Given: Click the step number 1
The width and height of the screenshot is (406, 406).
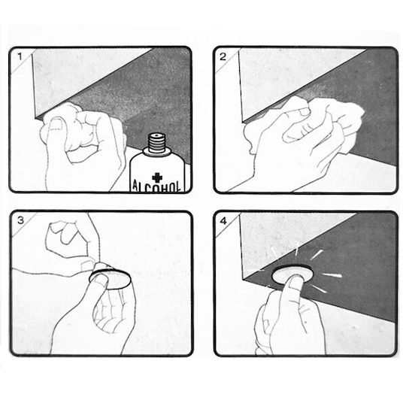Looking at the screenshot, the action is [x=20, y=56].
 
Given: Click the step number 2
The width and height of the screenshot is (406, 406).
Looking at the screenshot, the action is [x=223, y=56].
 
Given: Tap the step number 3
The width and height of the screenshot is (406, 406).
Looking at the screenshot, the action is [x=21, y=220].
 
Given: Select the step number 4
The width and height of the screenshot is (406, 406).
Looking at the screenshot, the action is [x=223, y=221].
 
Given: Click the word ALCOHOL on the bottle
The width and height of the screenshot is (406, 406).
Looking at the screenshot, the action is [x=157, y=186].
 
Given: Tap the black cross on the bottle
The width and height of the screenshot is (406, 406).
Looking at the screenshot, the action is [x=157, y=177].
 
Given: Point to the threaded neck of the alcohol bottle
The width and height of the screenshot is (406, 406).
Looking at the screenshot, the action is [x=157, y=144].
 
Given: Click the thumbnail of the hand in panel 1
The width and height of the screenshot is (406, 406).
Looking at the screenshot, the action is [x=56, y=125].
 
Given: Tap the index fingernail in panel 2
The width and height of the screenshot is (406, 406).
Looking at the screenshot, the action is [x=304, y=112].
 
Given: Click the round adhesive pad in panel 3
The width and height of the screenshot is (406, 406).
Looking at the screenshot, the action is [x=110, y=277].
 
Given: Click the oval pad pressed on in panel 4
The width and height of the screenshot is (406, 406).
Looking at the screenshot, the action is [x=292, y=274].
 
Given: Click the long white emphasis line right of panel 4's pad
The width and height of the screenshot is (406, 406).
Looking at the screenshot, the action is [x=332, y=275].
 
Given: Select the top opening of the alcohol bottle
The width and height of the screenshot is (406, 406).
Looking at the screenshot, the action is [x=156, y=135].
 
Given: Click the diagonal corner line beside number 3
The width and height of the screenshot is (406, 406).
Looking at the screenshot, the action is [x=24, y=225].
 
